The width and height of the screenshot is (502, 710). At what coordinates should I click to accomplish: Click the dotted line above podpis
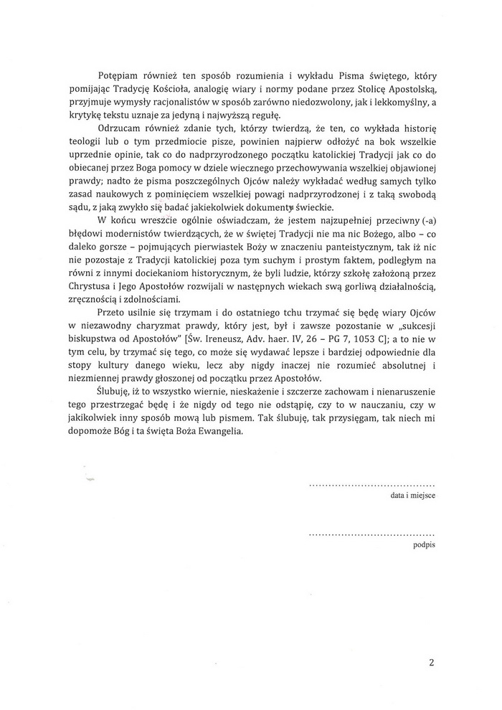[371, 534]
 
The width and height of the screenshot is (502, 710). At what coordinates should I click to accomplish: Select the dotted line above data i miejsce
[371, 485]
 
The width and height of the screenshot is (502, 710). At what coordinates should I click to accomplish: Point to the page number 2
[432, 662]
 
